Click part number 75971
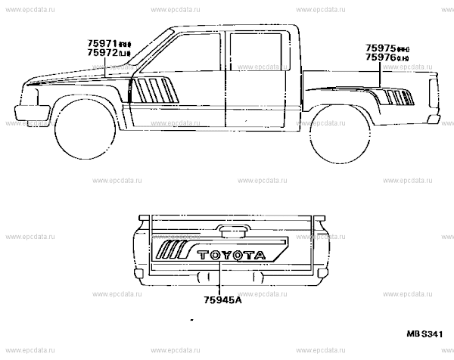pyautogui.click(x=101, y=44)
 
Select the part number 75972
pyautogui.click(x=101, y=54)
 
